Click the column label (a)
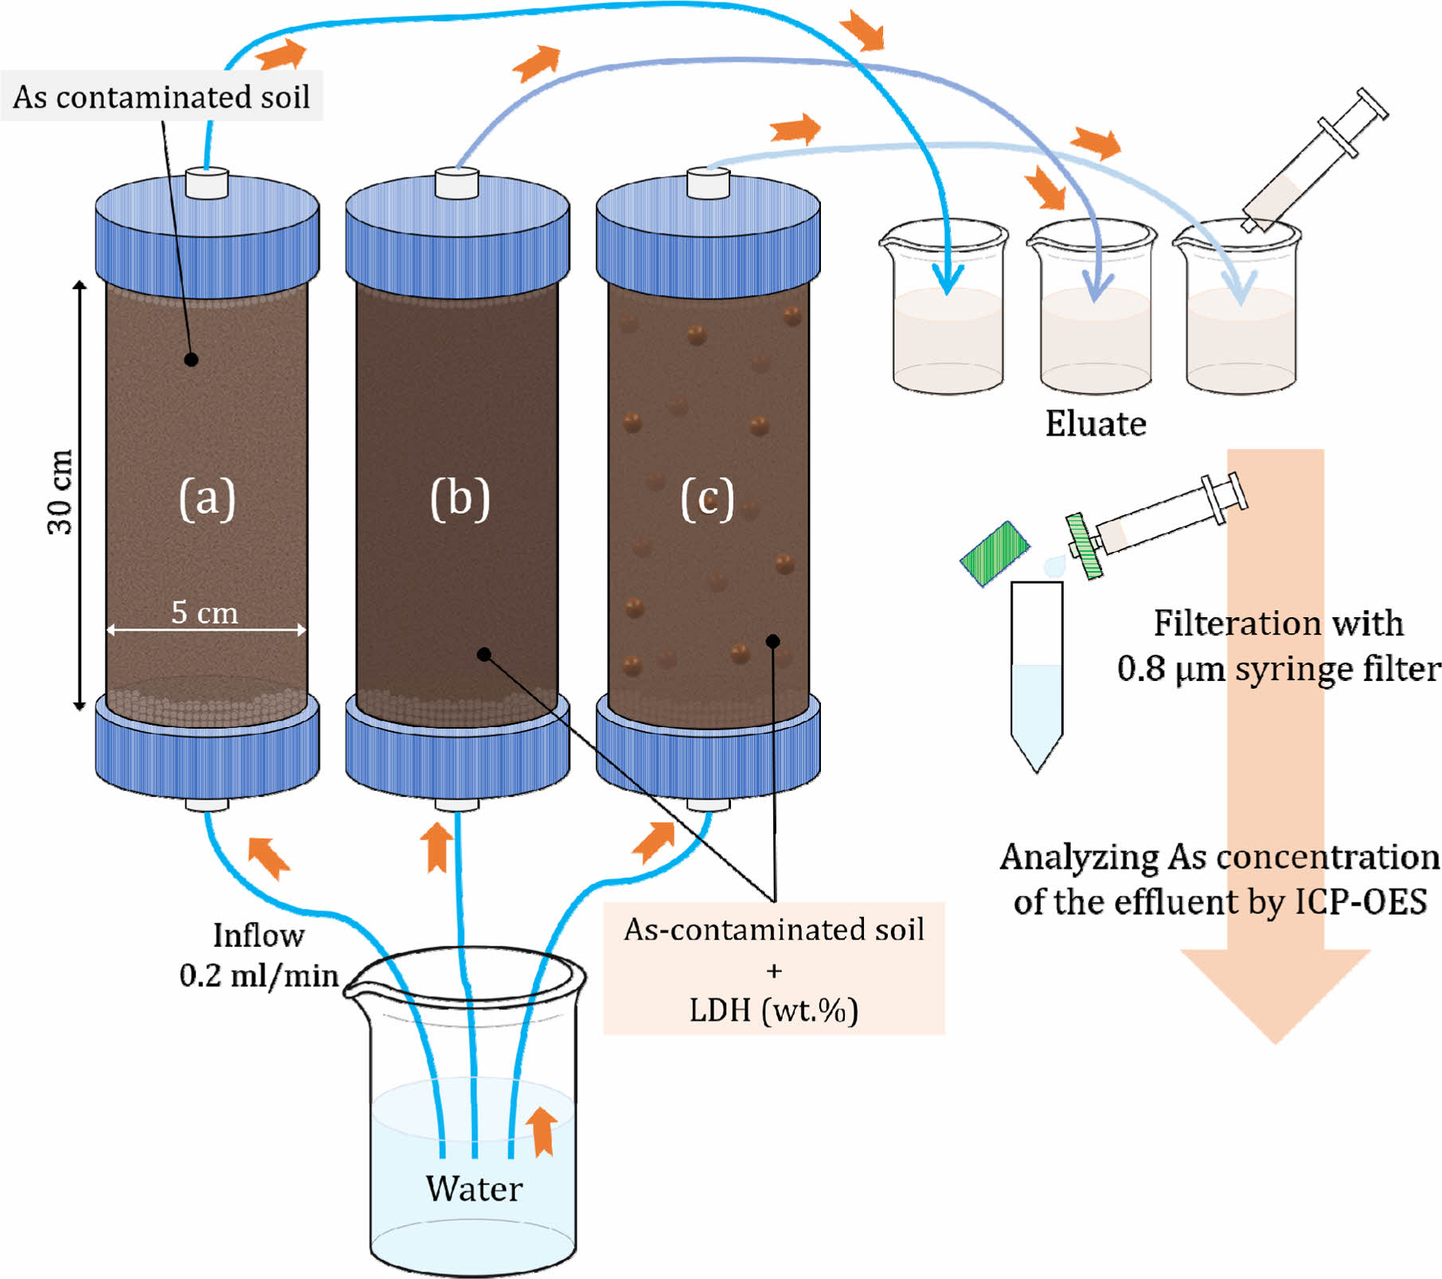click(207, 499)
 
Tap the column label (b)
click(459, 499)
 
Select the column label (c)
click(707, 499)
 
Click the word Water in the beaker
click(474, 1188)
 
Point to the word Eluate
click(1096, 424)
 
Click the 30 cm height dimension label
click(61, 491)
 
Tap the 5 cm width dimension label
click(205, 612)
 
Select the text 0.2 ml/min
click(259, 976)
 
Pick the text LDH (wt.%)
click(773, 1010)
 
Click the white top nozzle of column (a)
click(207, 183)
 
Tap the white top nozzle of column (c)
click(708, 183)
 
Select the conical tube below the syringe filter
click(1037, 677)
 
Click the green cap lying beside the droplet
click(995, 553)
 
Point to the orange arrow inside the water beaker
click(542, 1131)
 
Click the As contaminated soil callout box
click(162, 96)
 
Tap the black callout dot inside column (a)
click(191, 359)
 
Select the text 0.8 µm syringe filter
click(1279, 668)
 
